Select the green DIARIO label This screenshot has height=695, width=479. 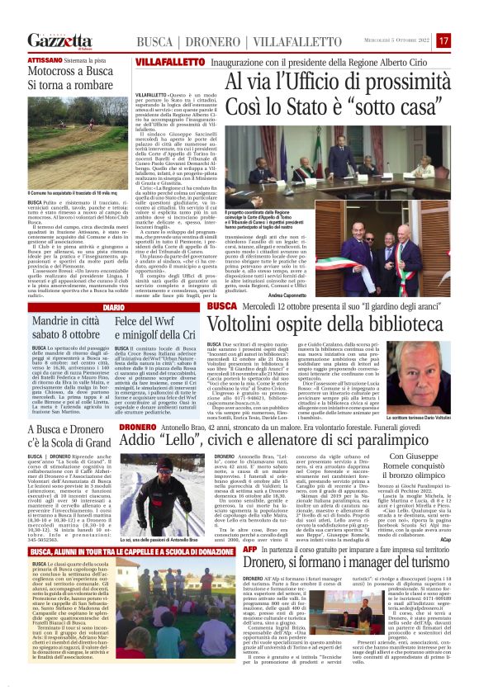[x=91, y=307]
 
